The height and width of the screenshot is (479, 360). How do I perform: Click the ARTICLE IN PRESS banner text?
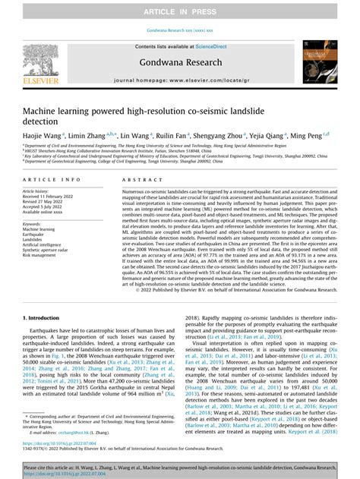pyautogui.click(x=179, y=13)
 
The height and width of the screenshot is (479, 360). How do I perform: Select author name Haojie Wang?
pyautogui.click(x=42, y=135)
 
